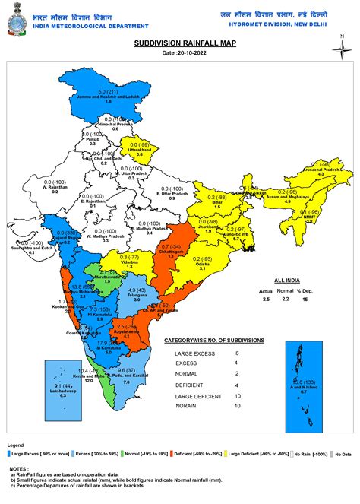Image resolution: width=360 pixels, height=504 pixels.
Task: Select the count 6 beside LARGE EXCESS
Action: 257,353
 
